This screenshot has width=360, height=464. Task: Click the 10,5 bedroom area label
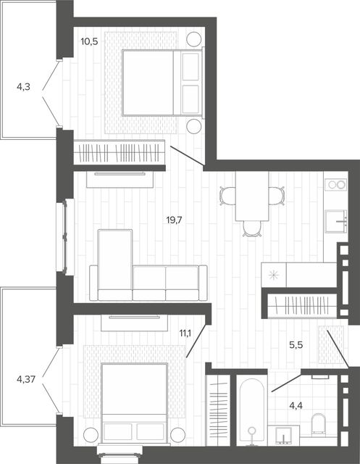pyautogui.click(x=89, y=41)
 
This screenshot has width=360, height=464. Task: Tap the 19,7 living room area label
pyautogui.click(x=175, y=220)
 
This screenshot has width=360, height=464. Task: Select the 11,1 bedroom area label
pyautogui.click(x=185, y=333)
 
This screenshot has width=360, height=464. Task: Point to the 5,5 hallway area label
pyautogui.click(x=296, y=345)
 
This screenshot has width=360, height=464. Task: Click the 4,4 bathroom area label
pyautogui.click(x=296, y=406)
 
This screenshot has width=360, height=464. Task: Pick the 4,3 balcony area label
pyautogui.click(x=23, y=87)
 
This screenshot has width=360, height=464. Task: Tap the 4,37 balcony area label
pyautogui.click(x=26, y=379)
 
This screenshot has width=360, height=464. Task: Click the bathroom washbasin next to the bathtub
pyautogui.click(x=283, y=436)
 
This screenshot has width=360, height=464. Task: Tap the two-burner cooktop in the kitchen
pyautogui.click(x=336, y=184)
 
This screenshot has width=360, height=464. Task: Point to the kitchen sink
pyautogui.click(x=336, y=221)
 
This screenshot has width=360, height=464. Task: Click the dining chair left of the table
pyautogui.click(x=227, y=196)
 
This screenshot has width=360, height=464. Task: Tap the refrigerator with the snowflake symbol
pyautogui.click(x=274, y=275)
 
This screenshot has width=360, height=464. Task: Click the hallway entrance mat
pyautogui.click(x=331, y=344)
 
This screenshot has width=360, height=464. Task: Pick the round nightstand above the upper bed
pyautogui.click(x=194, y=38)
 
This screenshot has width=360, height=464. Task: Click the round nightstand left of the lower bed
pyautogui.click(x=91, y=435)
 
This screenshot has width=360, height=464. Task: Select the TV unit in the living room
pyautogui.click(x=120, y=179)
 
